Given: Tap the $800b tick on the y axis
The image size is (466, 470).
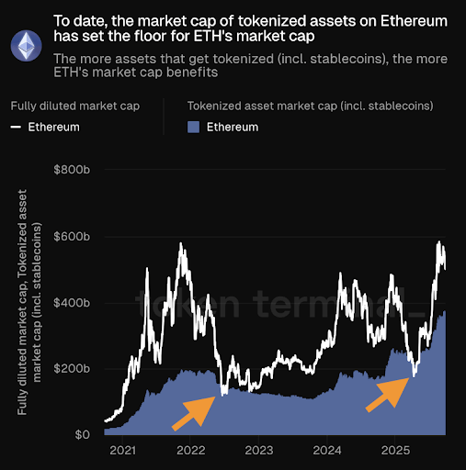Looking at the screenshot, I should pyautogui.click(x=74, y=171).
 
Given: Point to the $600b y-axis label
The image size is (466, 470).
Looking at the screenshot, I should pyautogui.click(x=74, y=237).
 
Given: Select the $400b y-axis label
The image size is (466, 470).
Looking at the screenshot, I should pyautogui.click(x=74, y=303).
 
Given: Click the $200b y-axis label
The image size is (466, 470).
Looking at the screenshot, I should pyautogui.click(x=74, y=369).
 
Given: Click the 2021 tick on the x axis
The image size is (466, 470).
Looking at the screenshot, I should pyautogui.click(x=121, y=451).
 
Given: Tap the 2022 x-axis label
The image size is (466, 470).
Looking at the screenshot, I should pyautogui.click(x=190, y=451).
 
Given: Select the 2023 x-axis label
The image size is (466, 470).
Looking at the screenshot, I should pyautogui.click(x=259, y=451).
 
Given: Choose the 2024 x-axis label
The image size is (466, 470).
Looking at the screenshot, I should pyautogui.click(x=328, y=451).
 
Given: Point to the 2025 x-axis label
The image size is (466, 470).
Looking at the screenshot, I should pyautogui.click(x=396, y=451).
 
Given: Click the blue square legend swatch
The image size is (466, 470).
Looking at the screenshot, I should pyautogui.click(x=193, y=127).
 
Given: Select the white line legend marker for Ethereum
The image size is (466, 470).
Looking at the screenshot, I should pyautogui.click(x=16, y=127).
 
